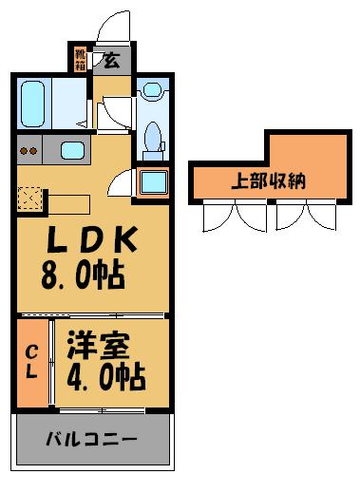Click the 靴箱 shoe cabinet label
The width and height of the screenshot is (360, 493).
[80, 60]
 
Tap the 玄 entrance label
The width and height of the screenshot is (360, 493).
[110, 62]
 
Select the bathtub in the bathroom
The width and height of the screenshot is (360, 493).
[34, 104]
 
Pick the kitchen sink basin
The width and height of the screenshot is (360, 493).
[73, 149]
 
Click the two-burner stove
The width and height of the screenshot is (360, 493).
[29, 150]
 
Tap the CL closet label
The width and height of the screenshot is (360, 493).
[31, 361]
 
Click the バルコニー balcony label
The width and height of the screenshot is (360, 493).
[92, 441]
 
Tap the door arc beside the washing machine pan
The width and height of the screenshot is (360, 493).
[122, 185]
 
